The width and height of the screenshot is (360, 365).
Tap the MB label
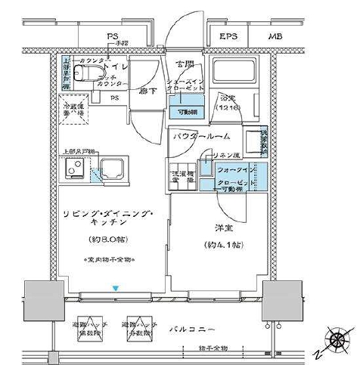(270, 36)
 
